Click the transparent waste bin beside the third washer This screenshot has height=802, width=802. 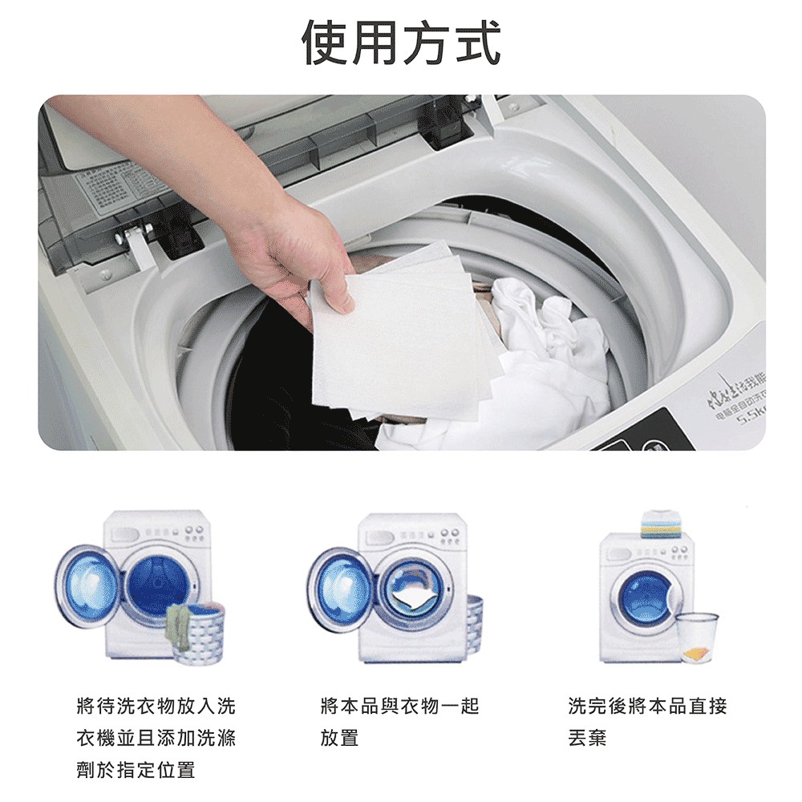tap(695, 638)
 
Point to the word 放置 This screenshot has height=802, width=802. tap(339, 738)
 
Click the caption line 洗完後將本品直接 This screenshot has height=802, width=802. tap(647, 707)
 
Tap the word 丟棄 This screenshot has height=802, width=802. tap(587, 738)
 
